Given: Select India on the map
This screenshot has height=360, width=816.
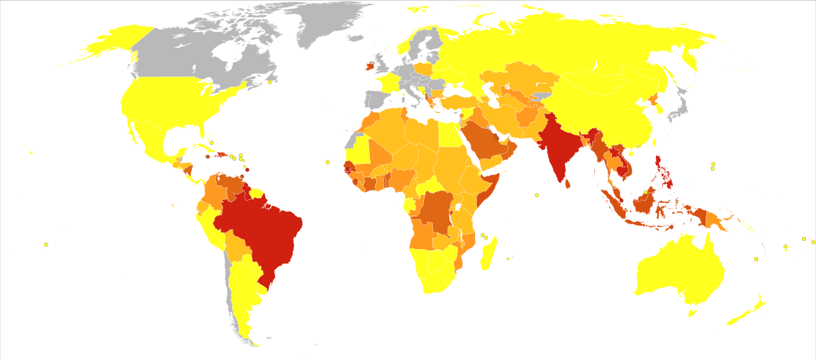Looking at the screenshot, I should (561, 150).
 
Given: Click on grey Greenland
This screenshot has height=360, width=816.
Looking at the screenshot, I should (319, 25).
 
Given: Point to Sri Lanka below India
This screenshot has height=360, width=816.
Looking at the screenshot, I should (569, 184).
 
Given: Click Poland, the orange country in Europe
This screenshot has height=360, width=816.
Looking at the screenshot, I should (423, 69).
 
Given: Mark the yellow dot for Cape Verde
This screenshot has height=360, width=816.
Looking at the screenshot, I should (328, 162).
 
